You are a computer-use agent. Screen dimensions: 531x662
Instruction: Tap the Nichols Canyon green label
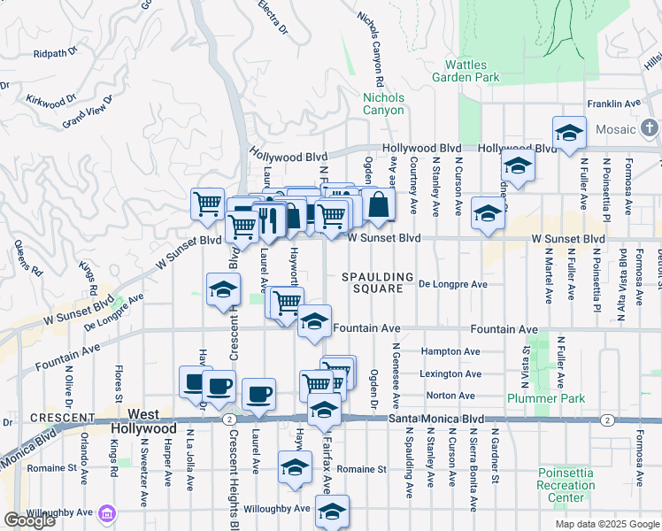(x=383, y=104)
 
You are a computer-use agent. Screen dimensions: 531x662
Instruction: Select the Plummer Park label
(x=546, y=398)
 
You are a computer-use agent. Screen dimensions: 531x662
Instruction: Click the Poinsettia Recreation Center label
(x=566, y=485)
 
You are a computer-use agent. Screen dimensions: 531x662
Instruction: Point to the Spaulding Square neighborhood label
(x=379, y=282)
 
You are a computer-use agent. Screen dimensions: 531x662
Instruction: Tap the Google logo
(x=30, y=520)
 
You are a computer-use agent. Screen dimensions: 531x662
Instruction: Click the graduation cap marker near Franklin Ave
(x=569, y=133)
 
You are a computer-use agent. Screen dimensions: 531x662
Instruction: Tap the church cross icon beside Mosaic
(x=650, y=129)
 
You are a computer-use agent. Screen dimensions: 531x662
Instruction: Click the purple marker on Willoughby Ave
(x=107, y=512)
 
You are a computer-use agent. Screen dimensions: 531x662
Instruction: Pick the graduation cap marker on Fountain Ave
(x=313, y=322)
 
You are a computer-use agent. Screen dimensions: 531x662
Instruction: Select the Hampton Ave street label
(x=450, y=351)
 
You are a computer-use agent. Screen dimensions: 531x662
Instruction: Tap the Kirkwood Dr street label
(x=48, y=99)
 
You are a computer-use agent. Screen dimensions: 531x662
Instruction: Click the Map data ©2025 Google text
(x=606, y=524)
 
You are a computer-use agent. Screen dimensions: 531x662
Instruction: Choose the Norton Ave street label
(x=450, y=396)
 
